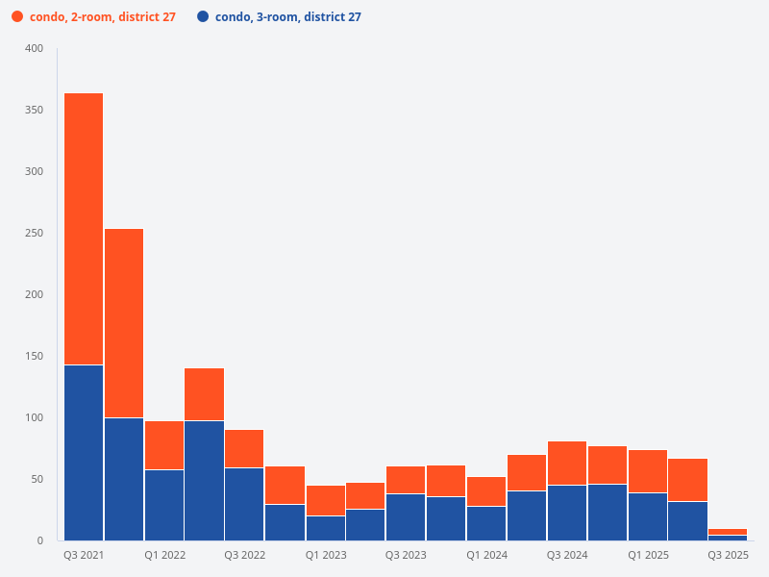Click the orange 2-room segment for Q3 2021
(84, 229)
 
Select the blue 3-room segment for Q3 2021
(84, 452)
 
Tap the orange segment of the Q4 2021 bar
(124, 322)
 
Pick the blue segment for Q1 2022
(164, 505)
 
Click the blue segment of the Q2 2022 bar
(205, 481)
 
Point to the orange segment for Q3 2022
(245, 448)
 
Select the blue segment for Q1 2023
(326, 528)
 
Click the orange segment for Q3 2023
(406, 480)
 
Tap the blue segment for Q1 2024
(486, 523)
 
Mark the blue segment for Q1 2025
(648, 516)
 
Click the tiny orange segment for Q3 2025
(728, 532)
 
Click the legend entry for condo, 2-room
(102, 17)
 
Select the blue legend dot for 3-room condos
(203, 17)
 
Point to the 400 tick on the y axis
(34, 48)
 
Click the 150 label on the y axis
(34, 356)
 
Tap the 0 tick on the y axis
(39, 540)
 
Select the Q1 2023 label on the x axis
(326, 556)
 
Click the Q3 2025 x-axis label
(728, 556)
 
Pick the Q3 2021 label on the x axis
(84, 556)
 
